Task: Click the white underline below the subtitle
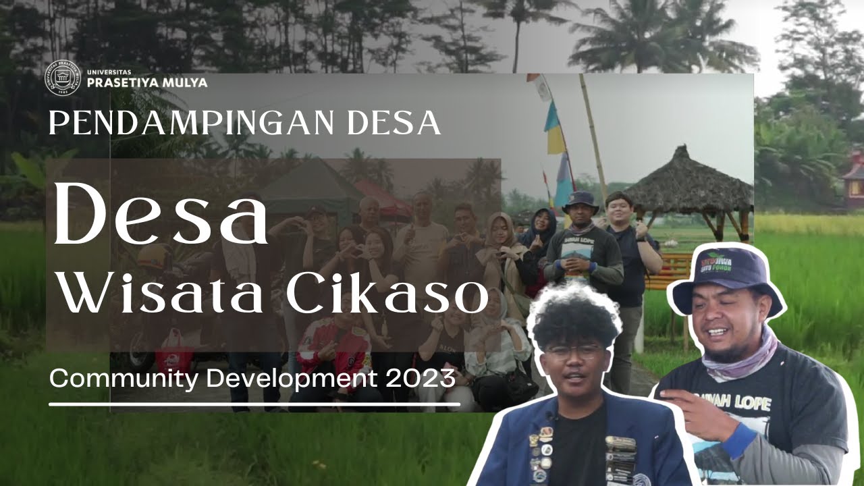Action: pyautogui.click(x=254, y=404)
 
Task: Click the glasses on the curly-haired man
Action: pyautogui.click(x=574, y=351)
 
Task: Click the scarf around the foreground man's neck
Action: pyautogui.click(x=739, y=361)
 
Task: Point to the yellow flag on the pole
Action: pyautogui.click(x=556, y=139)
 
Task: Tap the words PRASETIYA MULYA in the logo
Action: pyautogui.click(x=147, y=83)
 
